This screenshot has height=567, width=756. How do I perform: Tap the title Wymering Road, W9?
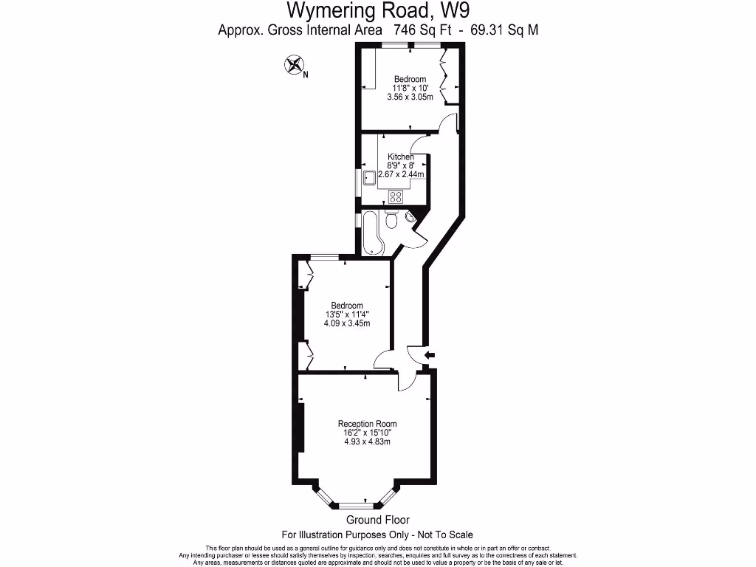pos(378,11)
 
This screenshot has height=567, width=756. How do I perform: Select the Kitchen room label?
pos(401,157)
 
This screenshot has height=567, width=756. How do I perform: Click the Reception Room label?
pos(367,424)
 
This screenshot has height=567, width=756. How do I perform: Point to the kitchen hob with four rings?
pos(396,196)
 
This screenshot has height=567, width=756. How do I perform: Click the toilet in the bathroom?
pos(393,220)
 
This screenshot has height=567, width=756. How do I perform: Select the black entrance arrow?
pos(430,356)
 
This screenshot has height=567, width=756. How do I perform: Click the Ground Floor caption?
pos(377,520)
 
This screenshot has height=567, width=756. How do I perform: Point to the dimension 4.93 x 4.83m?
pos(367,441)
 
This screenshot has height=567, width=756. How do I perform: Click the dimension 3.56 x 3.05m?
pos(410,97)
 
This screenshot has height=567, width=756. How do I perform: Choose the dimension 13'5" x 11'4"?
pos(346,315)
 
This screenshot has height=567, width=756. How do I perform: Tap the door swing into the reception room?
pos(407,381)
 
